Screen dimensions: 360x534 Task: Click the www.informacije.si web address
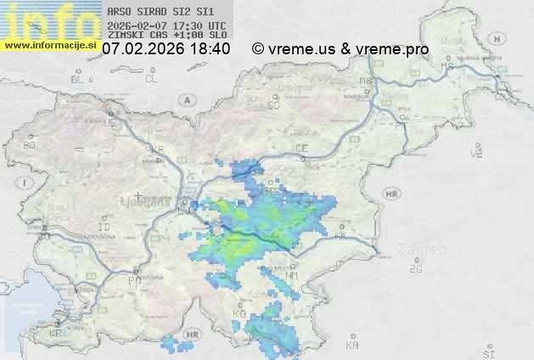[49, 45]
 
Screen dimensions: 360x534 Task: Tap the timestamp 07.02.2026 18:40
[166, 49]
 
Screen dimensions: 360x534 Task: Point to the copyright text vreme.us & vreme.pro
[340, 49]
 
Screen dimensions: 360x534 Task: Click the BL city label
[79, 79]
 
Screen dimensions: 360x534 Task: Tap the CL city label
[151, 79]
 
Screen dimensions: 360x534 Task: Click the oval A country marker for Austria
[185, 99]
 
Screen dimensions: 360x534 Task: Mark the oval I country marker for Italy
[26, 183]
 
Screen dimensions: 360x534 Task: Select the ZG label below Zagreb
[415, 269]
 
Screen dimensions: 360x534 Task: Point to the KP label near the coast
[56, 334]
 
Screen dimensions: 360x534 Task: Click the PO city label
[133, 279]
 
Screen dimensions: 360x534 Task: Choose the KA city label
[352, 346]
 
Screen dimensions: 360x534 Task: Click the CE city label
[301, 149]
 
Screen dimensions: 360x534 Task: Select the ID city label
[104, 228]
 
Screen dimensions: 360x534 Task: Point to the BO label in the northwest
[30, 145]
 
